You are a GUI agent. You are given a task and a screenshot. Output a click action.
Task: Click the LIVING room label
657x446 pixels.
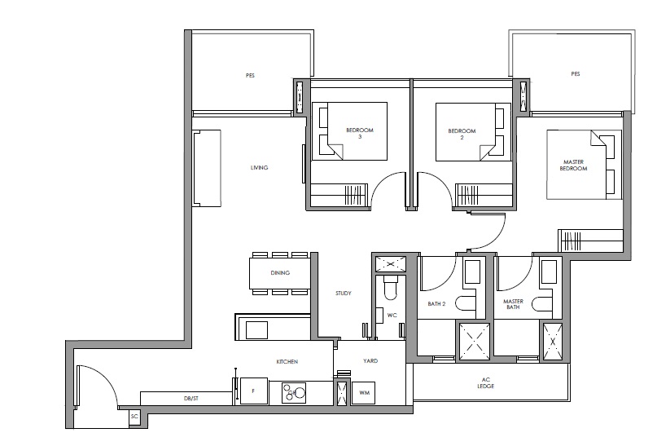point(259,167)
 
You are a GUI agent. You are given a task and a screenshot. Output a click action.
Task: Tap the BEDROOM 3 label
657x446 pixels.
point(360,134)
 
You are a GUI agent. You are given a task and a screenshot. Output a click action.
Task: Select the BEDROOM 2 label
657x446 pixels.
point(462,134)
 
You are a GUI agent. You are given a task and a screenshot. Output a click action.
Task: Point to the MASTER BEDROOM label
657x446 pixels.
point(574,165)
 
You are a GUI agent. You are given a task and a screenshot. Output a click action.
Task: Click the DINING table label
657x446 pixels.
point(280,272)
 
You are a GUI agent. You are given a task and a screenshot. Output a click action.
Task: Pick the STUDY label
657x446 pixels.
point(344,294)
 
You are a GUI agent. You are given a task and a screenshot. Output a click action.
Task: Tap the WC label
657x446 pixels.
point(392,315)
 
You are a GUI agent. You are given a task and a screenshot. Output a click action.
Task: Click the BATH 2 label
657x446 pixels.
point(436,304)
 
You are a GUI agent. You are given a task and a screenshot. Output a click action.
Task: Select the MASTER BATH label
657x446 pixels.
point(513,304)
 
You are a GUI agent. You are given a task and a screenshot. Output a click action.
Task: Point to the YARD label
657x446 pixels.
point(370,360)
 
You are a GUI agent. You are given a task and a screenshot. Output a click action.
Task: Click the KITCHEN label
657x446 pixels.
point(287,361)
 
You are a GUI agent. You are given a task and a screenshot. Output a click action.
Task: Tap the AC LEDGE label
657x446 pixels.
point(486,382)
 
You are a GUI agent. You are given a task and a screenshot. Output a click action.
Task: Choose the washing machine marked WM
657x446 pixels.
point(364,393)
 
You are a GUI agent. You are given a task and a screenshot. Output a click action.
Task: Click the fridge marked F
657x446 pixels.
point(254,391)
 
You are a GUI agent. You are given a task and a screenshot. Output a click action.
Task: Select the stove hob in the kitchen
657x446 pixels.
point(293,392)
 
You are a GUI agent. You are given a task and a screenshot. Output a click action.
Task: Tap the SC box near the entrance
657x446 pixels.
point(134,417)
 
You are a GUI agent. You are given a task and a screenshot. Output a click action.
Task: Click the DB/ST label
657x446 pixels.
point(191,399)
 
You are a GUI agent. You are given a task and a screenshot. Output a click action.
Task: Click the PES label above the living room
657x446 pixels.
point(250,76)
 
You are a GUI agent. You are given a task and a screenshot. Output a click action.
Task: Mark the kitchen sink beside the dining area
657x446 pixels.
point(256,329)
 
